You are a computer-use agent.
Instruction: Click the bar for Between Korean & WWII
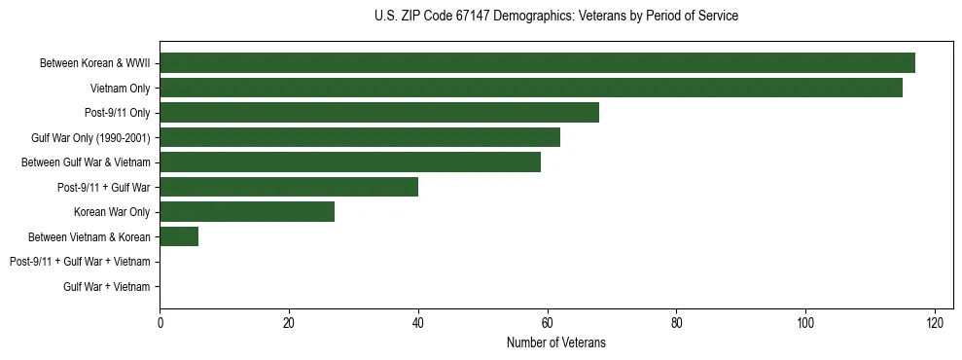click(x=537, y=63)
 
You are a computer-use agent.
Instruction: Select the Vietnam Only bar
click(x=531, y=88)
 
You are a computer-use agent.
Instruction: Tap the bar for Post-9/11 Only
click(x=379, y=113)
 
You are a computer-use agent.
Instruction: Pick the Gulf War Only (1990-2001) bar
click(x=360, y=137)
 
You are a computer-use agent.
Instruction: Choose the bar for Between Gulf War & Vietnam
click(x=350, y=162)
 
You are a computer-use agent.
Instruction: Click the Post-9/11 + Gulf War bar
click(x=289, y=187)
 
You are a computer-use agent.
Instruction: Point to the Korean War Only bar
click(x=247, y=212)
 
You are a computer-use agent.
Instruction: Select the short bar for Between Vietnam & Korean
click(x=179, y=236)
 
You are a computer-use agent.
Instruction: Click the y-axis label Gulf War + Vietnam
click(x=107, y=287)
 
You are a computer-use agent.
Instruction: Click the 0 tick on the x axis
click(x=160, y=323)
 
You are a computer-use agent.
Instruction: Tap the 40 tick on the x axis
click(x=418, y=323)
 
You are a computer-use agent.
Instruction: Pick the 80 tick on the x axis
click(x=676, y=323)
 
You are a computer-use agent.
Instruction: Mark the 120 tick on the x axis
click(x=935, y=323)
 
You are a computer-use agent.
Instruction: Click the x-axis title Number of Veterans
click(x=555, y=342)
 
